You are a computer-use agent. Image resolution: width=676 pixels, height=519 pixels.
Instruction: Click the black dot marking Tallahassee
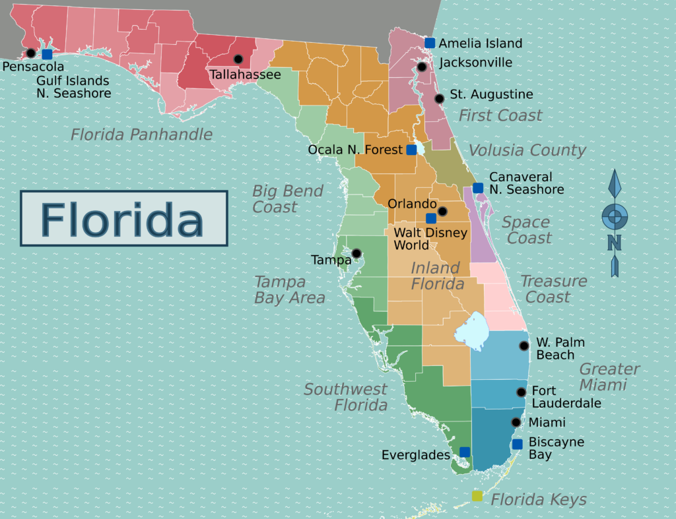coord(238,59)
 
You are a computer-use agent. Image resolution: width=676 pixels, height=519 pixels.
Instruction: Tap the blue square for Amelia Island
coord(430,43)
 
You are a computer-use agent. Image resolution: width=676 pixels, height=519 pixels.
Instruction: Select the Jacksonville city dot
coord(422,67)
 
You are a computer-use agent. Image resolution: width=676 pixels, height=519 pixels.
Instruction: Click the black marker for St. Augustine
coord(439,98)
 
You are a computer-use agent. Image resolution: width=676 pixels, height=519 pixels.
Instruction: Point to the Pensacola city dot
coord(30,53)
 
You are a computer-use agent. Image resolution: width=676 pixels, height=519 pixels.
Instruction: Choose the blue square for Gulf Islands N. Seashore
coord(47,54)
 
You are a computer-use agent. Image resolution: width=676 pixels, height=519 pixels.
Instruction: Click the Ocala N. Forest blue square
coord(411,150)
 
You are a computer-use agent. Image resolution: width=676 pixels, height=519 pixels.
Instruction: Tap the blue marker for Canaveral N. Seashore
coord(478,188)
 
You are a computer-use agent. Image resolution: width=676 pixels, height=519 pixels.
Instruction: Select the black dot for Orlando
coord(443,211)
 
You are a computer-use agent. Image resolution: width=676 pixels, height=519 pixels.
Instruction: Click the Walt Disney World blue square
coord(430,218)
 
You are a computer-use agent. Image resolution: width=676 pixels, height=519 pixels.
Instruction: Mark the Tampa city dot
coord(356,253)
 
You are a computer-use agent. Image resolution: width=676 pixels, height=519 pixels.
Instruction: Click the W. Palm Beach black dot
coord(524,346)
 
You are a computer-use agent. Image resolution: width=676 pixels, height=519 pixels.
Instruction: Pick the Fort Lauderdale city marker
coord(521,392)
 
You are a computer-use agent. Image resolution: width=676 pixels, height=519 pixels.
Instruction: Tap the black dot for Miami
coord(516,422)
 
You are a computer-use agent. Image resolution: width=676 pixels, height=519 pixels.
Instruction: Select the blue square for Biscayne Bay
coord(518,444)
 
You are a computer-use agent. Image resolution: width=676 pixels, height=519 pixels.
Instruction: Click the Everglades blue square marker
coord(465,452)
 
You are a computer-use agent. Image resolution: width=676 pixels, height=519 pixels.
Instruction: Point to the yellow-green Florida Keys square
coord(477,496)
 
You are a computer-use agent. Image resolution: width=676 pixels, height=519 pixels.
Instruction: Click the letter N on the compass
coord(614,243)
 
